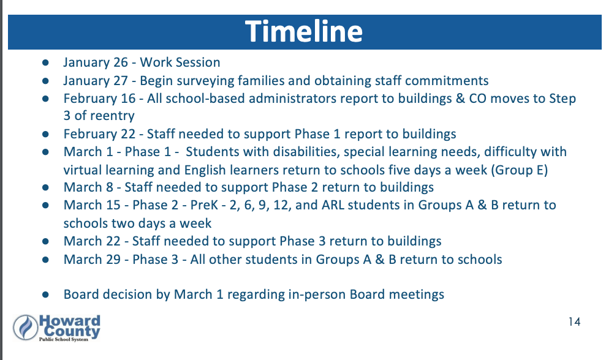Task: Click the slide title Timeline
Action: (x=304, y=31)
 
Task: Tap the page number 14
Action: (x=574, y=322)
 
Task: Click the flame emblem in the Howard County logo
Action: (x=26, y=328)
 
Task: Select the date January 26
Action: (x=96, y=62)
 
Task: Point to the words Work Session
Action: (x=180, y=62)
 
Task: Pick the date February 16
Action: (x=99, y=99)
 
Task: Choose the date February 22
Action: (x=99, y=134)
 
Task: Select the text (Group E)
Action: (x=519, y=170)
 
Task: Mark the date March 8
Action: (x=88, y=187)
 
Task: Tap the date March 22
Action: (x=92, y=241)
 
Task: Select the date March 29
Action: (x=92, y=259)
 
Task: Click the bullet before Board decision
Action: (x=45, y=294)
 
